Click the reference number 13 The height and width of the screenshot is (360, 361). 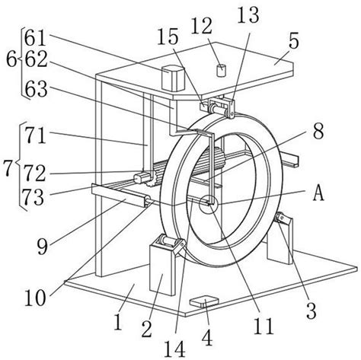tap(248, 15)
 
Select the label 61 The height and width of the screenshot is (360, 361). tap(36, 38)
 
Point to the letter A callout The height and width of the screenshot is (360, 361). tap(318, 195)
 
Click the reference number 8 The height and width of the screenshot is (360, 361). tap(318, 131)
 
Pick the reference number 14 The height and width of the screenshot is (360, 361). tap(174, 349)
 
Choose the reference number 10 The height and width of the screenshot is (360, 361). tap(35, 298)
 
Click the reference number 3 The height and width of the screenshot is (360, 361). tap(311, 311)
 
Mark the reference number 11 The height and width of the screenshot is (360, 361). tap(264, 326)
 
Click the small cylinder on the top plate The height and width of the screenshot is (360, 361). tap(221, 71)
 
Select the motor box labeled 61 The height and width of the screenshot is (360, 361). tap(173, 78)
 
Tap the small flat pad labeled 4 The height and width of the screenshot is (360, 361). tap(204, 302)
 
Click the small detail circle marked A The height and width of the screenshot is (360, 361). tap(209, 204)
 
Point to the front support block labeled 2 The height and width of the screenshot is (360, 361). tap(162, 269)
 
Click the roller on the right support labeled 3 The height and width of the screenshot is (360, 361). tap(280, 218)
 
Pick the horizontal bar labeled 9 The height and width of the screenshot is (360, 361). tap(120, 195)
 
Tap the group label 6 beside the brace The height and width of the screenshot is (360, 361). tap(11, 60)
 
